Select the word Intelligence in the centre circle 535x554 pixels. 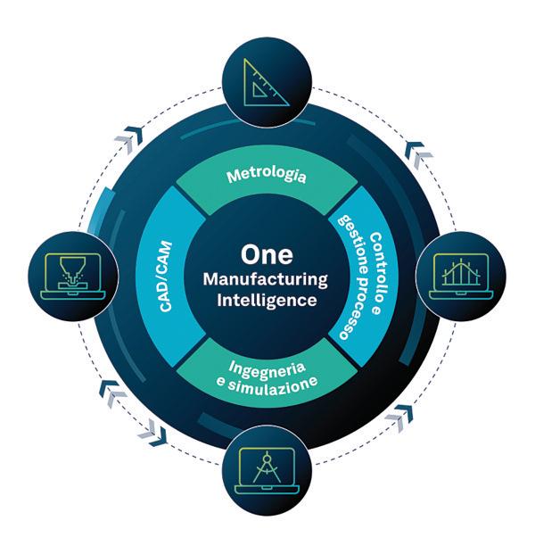click(x=267, y=301)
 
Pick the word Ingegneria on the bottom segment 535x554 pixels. click(x=267, y=368)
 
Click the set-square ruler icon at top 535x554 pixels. click(x=267, y=79)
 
